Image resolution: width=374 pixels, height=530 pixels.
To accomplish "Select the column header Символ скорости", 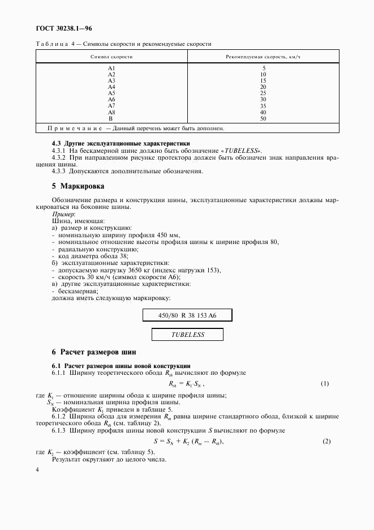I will point(111,57).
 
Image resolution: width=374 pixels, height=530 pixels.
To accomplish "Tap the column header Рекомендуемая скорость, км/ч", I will point(263,57).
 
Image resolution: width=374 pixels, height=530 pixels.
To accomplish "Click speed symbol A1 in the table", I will point(111,69).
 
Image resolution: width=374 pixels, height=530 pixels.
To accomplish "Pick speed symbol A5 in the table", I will point(111,93).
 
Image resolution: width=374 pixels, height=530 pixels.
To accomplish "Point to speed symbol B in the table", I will point(111,118).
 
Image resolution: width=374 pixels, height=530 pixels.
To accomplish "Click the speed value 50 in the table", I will point(263,118).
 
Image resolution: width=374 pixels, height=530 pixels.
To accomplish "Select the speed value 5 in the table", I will point(264,69).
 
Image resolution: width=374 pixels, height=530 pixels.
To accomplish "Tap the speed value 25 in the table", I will point(263,93).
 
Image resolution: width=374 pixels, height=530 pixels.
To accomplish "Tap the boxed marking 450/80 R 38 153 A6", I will point(187,315).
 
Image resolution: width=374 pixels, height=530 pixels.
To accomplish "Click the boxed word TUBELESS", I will point(187,335).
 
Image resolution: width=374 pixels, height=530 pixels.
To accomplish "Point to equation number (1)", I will point(325,383).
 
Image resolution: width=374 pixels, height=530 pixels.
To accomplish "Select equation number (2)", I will point(326,441).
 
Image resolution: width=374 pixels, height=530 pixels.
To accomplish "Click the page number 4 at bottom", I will point(37,470).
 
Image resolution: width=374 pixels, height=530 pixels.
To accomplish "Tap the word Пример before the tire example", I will point(63,215).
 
